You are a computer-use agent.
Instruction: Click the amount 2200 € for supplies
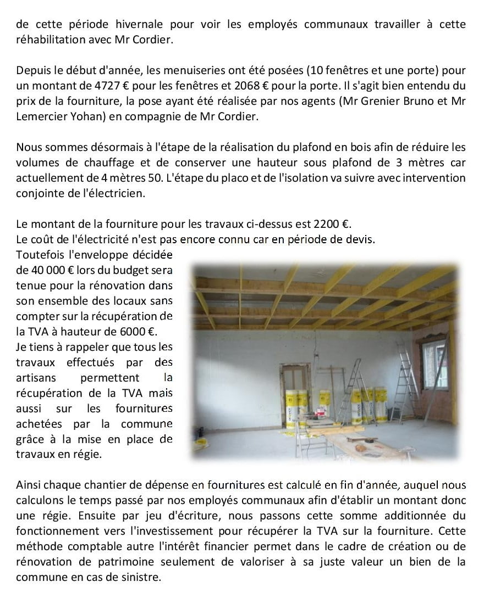[332, 225]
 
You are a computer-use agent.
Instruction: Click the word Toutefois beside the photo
[41, 255]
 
